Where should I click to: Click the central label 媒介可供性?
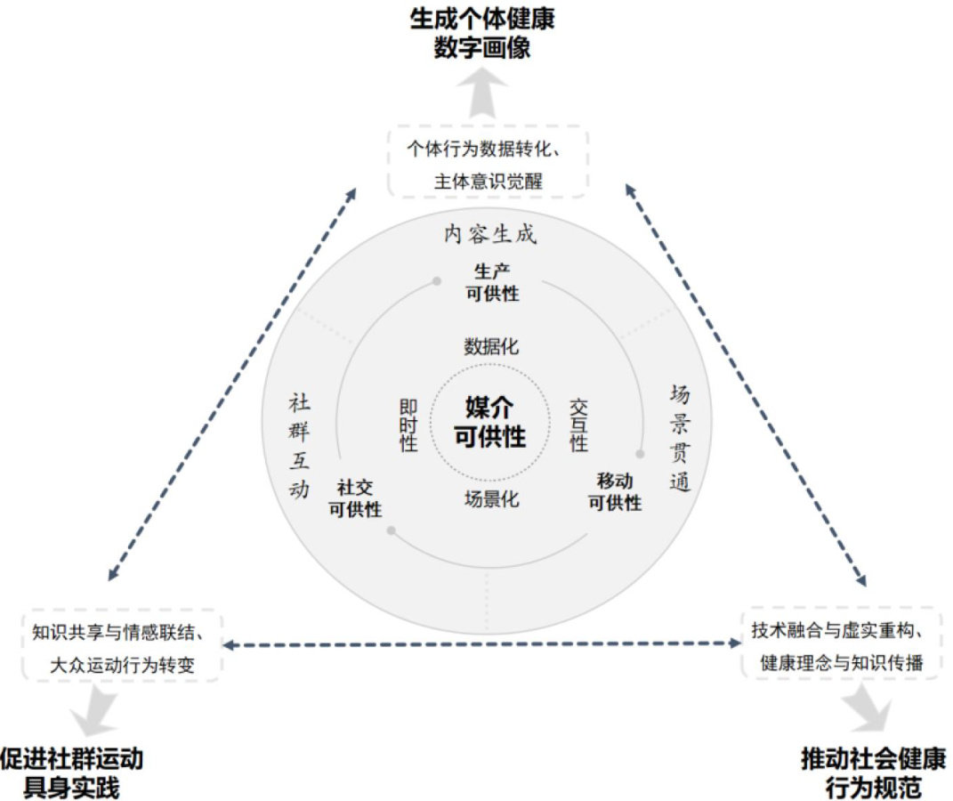click(x=489, y=422)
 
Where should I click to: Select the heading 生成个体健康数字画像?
click(x=481, y=33)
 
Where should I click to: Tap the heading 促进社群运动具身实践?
click(x=71, y=773)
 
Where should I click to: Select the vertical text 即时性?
click(x=408, y=424)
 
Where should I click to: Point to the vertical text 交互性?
click(x=579, y=424)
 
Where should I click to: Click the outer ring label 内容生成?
click(x=490, y=234)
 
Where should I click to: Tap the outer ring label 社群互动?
click(x=299, y=445)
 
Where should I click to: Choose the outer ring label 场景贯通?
click(x=680, y=438)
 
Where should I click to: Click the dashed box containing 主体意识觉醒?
click(x=488, y=162)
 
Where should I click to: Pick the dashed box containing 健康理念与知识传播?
click(x=841, y=645)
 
